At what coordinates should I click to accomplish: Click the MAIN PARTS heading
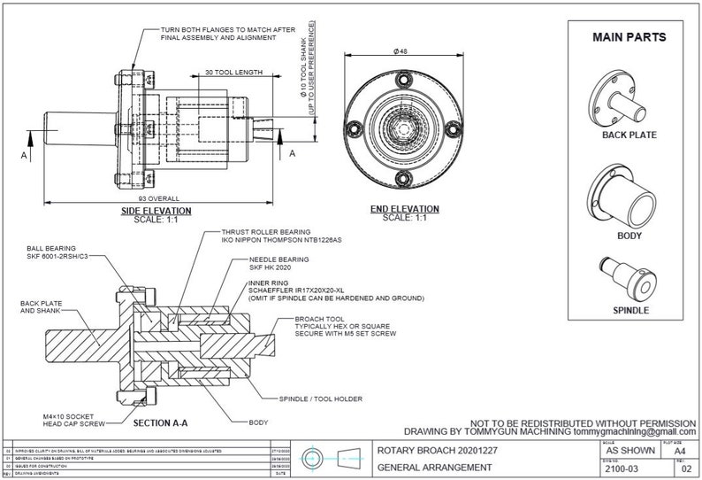point(629,37)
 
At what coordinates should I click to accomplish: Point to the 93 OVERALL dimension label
point(156,198)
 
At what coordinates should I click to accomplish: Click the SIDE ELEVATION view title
point(156,211)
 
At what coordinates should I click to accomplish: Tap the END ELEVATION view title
point(403,210)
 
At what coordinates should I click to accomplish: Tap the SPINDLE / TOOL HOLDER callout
point(320,399)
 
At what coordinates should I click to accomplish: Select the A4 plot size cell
point(679,450)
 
